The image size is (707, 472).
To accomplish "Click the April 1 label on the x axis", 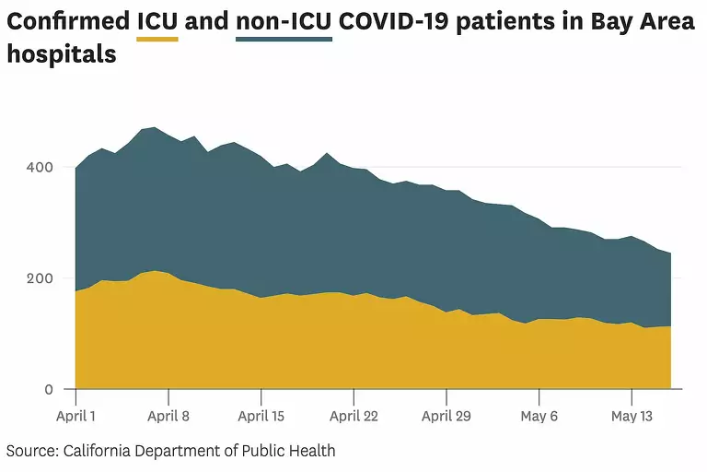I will point(77,416).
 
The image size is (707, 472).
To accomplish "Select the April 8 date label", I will point(168,416).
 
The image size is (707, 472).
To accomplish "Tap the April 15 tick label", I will point(261,416).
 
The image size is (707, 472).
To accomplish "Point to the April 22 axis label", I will point(353,416).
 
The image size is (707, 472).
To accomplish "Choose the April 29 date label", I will point(446,416).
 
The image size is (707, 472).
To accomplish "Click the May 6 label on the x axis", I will point(539,416).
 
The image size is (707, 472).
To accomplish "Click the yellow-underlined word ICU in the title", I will point(157,21).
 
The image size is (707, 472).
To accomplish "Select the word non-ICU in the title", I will point(284,21).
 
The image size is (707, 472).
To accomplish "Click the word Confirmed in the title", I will point(68,21).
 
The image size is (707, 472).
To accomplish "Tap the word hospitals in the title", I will point(61,54).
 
